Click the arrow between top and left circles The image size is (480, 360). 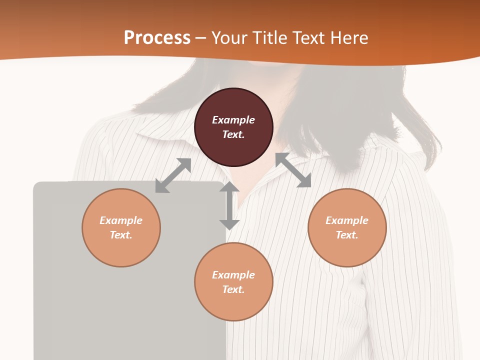click(173, 175)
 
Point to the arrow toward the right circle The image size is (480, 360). click(293, 170)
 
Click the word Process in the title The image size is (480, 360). click(157, 37)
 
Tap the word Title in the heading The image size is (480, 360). click(272, 37)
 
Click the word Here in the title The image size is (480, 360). click(350, 37)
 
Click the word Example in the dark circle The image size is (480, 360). click(233, 120)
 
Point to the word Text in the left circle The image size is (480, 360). click(121, 235)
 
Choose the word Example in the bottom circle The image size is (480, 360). click(233, 275)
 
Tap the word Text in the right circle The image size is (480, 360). click(347, 235)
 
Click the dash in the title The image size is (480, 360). click(201, 38)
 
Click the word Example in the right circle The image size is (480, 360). click(347, 220)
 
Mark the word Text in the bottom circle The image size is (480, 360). click(233, 289)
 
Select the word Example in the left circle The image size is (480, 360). click(121, 220)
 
